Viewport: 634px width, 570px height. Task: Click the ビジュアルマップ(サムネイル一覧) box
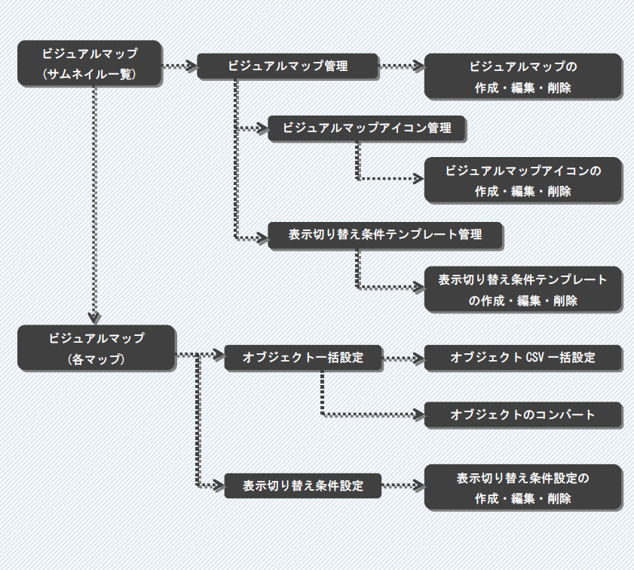pos(90,63)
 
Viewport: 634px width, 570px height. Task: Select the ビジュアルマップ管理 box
pos(287,66)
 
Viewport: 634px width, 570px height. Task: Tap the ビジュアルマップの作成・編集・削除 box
pos(522,76)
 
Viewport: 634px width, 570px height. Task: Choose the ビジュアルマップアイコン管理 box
pos(366,128)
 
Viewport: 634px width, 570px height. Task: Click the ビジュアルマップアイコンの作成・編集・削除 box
pos(522,180)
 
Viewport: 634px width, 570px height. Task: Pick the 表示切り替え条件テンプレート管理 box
pos(385,235)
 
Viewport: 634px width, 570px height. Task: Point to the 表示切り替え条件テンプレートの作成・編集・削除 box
pos(522,290)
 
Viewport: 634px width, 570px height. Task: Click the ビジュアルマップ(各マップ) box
pos(96,348)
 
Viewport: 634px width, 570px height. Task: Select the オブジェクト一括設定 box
pos(302,357)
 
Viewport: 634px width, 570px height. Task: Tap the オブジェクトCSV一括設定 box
pos(522,357)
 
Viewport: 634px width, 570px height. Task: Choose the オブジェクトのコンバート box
pos(522,414)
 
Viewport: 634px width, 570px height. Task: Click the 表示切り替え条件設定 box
pos(302,485)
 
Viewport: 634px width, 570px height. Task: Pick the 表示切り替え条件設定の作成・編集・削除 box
pos(522,488)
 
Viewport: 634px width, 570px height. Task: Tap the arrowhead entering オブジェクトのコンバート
pos(418,414)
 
